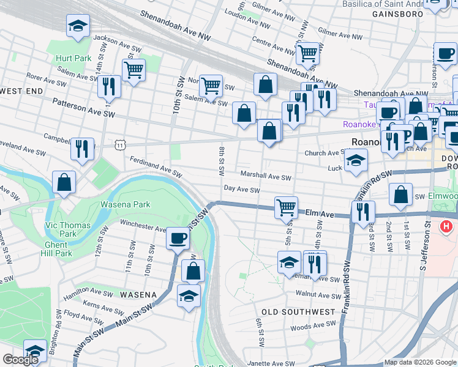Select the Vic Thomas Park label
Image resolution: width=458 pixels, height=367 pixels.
pyautogui.click(x=68, y=229)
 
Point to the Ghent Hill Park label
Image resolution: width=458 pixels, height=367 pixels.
pyautogui.click(x=55, y=249)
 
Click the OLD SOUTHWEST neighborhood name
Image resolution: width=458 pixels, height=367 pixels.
pyautogui.click(x=298, y=312)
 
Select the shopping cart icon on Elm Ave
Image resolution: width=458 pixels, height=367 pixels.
pyautogui.click(x=286, y=207)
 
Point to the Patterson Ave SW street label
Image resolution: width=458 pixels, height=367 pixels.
pyautogui.click(x=83, y=108)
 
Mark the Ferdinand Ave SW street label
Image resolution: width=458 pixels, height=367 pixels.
pyautogui.click(x=156, y=167)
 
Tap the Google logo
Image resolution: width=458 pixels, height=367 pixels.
pyautogui.click(x=21, y=360)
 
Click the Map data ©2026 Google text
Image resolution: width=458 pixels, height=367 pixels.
pyautogui.click(x=419, y=362)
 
